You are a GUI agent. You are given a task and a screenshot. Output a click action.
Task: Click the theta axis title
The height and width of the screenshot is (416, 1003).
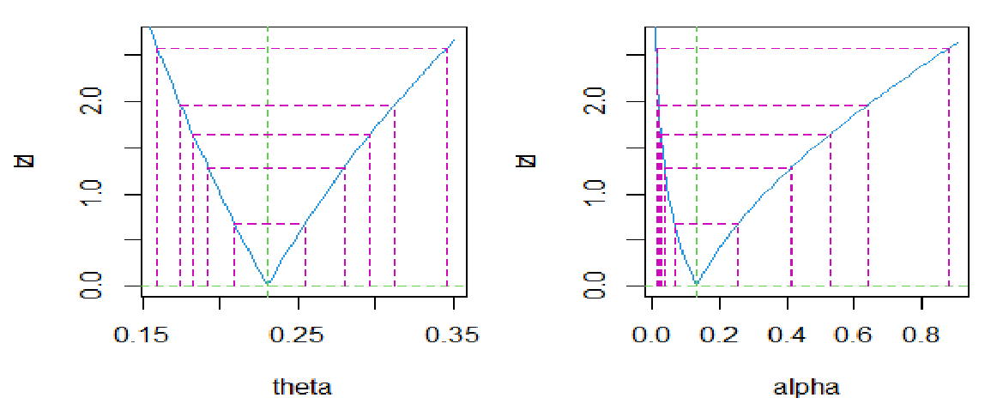click(301, 387)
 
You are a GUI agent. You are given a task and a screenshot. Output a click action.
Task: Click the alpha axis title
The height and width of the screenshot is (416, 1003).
click(807, 387)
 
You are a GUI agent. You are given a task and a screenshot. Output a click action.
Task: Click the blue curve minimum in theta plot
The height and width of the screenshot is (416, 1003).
click(268, 283)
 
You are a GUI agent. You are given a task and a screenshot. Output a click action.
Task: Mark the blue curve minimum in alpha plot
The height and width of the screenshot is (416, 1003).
click(697, 283)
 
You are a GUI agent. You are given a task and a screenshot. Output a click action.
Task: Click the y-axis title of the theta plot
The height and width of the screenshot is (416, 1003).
click(24, 160)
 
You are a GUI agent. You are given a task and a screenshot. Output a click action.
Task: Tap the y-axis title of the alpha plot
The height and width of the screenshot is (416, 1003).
click(528, 160)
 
